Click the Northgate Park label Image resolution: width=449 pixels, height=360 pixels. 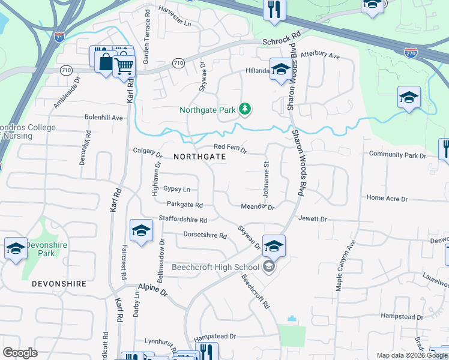[207, 110]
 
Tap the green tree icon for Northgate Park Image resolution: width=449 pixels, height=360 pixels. [244, 109]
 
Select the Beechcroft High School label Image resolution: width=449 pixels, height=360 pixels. [216, 267]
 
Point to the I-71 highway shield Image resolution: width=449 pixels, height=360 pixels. [59, 37]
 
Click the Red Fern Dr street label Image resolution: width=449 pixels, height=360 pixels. [231, 148]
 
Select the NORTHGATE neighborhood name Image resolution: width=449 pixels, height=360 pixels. [199, 156]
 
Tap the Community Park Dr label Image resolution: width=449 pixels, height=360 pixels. [397, 155]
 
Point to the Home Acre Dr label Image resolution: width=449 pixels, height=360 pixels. [387, 198]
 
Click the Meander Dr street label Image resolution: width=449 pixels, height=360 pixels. [257, 206]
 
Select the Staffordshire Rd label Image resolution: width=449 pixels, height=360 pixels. [182, 220]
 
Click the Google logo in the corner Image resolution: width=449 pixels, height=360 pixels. [20, 353]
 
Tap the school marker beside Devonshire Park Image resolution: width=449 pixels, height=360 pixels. [16, 248]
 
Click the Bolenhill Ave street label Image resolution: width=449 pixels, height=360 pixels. [103, 118]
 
